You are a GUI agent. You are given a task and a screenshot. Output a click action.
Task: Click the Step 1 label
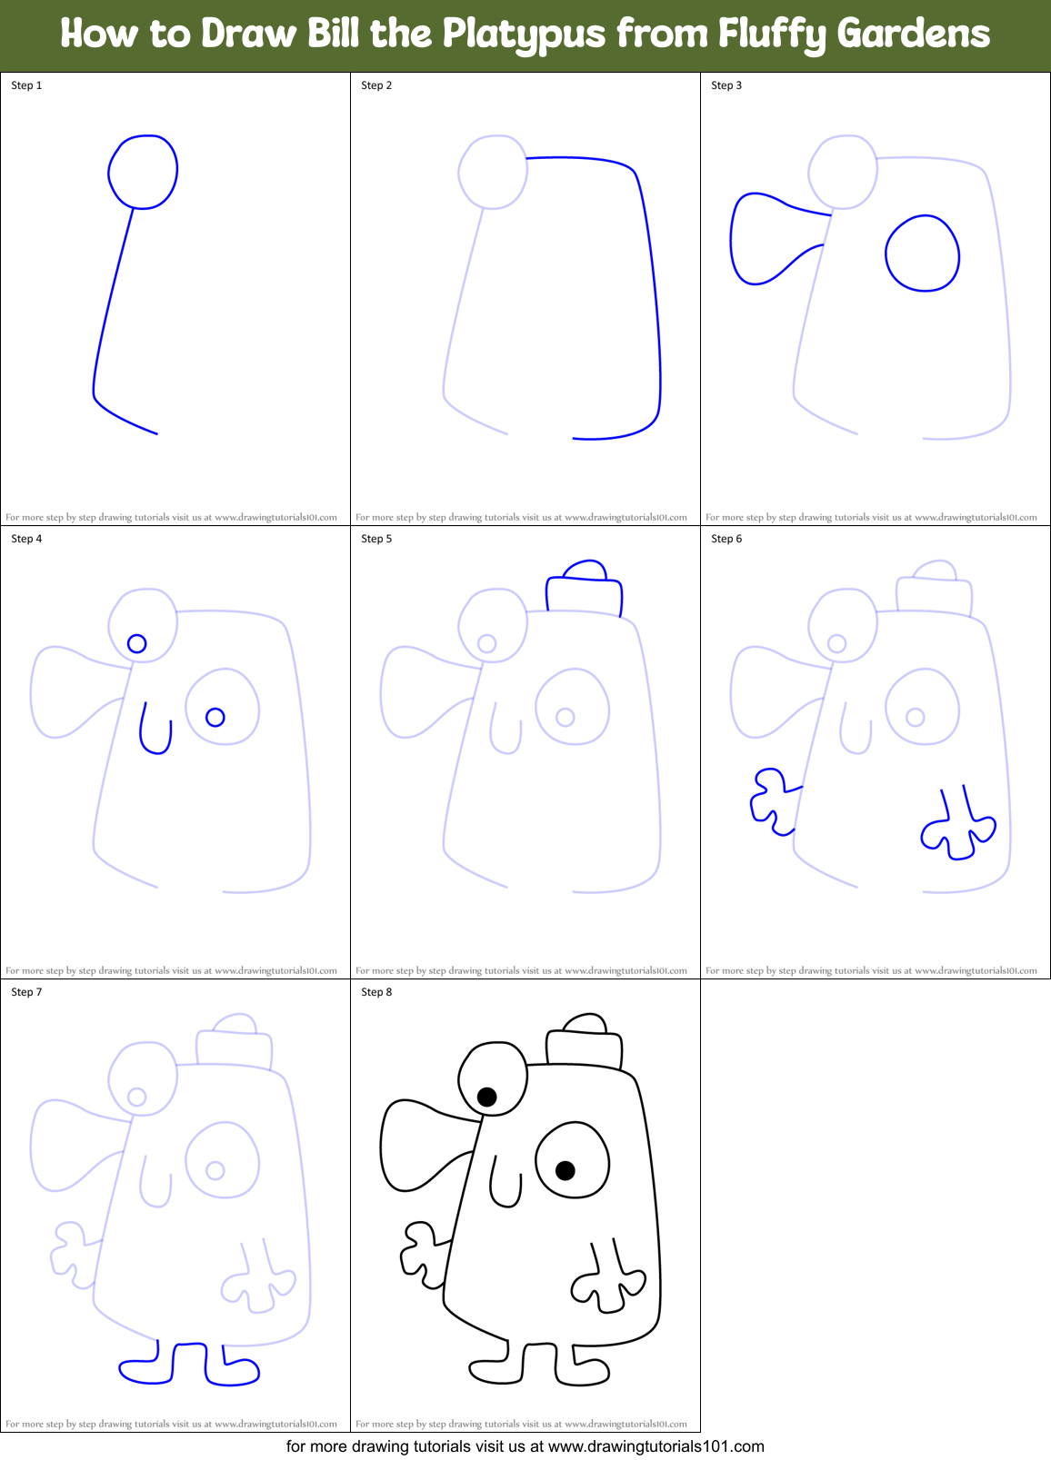(x=26, y=85)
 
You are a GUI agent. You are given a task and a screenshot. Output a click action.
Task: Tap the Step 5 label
(x=376, y=539)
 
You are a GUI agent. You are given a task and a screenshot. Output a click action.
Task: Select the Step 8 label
(x=376, y=992)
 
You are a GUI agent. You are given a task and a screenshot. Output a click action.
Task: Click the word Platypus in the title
(x=523, y=35)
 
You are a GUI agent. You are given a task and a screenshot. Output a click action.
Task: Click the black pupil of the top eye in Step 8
(x=487, y=1097)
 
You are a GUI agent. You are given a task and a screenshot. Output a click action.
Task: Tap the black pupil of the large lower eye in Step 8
(x=566, y=1170)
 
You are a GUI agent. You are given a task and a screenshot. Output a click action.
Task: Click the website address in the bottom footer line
(x=656, y=1446)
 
